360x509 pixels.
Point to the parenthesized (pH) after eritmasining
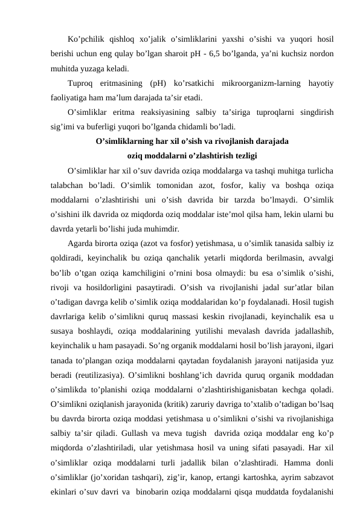coord(158,83)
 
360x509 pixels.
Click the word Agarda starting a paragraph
coord(84,244)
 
